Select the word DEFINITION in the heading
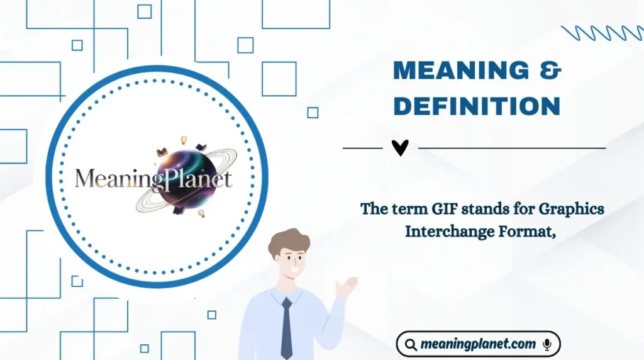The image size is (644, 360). coord(476,106)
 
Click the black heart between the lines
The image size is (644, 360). coord(400,148)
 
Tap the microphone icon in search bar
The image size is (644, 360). coord(547,344)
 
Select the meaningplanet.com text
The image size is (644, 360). coord(478,344)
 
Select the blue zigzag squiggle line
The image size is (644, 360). coord(601,33)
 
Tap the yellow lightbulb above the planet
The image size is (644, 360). coord(184,140)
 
